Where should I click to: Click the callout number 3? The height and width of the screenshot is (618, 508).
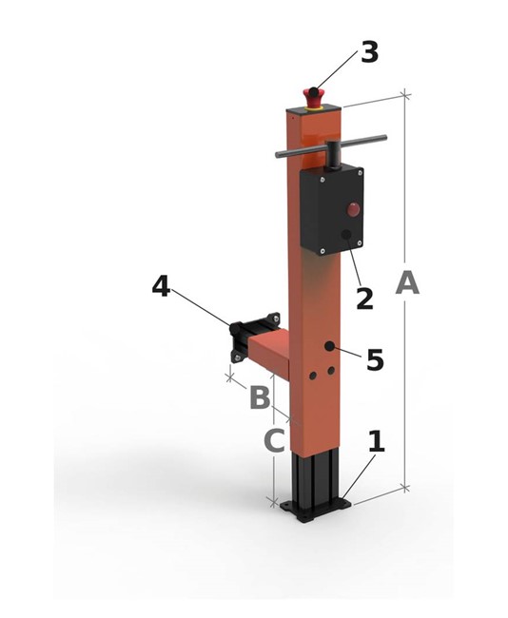click(369, 51)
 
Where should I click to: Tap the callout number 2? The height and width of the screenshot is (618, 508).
click(363, 297)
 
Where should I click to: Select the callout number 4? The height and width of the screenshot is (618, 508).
click(161, 285)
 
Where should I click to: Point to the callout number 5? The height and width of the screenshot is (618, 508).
click(375, 359)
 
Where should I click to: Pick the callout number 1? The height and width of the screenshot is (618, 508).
click(376, 441)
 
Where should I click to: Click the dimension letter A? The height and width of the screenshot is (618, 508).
click(407, 283)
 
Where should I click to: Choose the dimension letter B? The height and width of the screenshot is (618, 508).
click(260, 396)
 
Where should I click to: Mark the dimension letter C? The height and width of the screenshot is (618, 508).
click(273, 441)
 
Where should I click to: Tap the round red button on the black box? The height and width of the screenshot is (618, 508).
click(353, 209)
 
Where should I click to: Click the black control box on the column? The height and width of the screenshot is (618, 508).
click(331, 211)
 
